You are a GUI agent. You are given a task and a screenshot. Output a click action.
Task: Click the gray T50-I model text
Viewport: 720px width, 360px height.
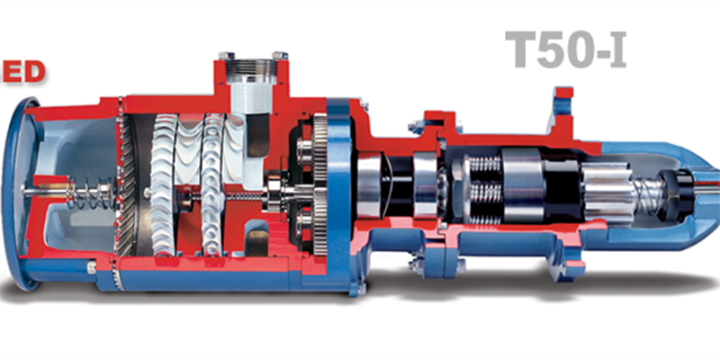tap(565, 49)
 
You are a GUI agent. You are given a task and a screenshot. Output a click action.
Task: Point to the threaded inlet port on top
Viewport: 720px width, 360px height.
tap(253, 72)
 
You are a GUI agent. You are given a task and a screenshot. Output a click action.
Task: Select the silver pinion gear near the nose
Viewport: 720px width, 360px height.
tap(606, 193)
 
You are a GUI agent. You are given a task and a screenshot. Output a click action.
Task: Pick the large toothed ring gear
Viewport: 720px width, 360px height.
tap(320, 185)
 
